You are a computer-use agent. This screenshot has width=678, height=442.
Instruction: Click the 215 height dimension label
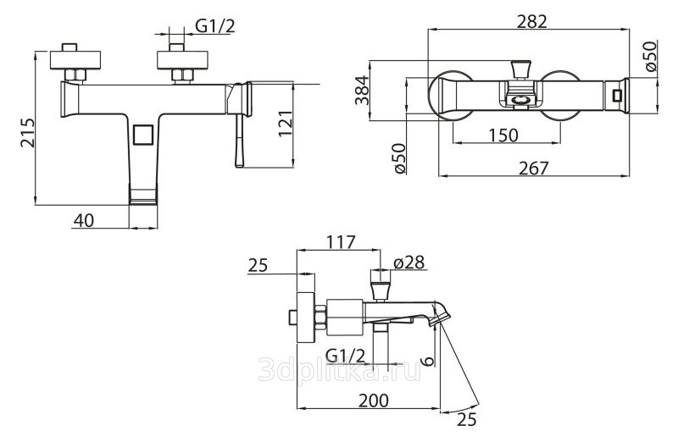(x=27, y=132)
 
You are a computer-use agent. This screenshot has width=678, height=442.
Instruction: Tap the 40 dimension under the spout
(x=83, y=220)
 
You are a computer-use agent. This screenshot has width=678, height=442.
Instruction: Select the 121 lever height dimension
(x=286, y=124)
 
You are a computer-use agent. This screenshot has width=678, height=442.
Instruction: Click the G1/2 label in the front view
(x=215, y=26)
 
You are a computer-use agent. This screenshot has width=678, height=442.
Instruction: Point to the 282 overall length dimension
(x=532, y=22)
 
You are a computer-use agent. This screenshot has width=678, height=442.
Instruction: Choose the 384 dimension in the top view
(x=362, y=90)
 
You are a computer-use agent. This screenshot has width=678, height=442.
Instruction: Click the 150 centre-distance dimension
(x=503, y=135)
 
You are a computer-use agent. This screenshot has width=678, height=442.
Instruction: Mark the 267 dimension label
(x=533, y=168)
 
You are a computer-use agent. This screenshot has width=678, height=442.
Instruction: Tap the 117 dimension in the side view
(x=341, y=242)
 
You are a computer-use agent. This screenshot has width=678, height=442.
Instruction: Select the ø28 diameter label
(x=409, y=262)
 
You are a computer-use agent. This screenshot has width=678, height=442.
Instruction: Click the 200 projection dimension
(x=374, y=401)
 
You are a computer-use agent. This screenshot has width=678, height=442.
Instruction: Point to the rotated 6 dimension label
(x=427, y=361)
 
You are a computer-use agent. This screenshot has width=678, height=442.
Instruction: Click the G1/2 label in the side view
(x=346, y=356)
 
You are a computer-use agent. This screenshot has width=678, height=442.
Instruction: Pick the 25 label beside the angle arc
(x=466, y=418)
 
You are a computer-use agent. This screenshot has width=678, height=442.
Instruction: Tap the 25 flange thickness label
(x=258, y=265)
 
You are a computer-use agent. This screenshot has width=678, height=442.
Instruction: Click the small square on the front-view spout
(x=142, y=135)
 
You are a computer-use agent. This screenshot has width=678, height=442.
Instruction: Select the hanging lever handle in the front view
(x=240, y=140)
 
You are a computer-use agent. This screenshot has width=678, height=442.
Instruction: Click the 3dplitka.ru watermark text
(x=340, y=370)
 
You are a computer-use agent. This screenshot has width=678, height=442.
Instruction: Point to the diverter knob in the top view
(x=520, y=69)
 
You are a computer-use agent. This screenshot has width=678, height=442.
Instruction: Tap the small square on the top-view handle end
(x=617, y=95)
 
